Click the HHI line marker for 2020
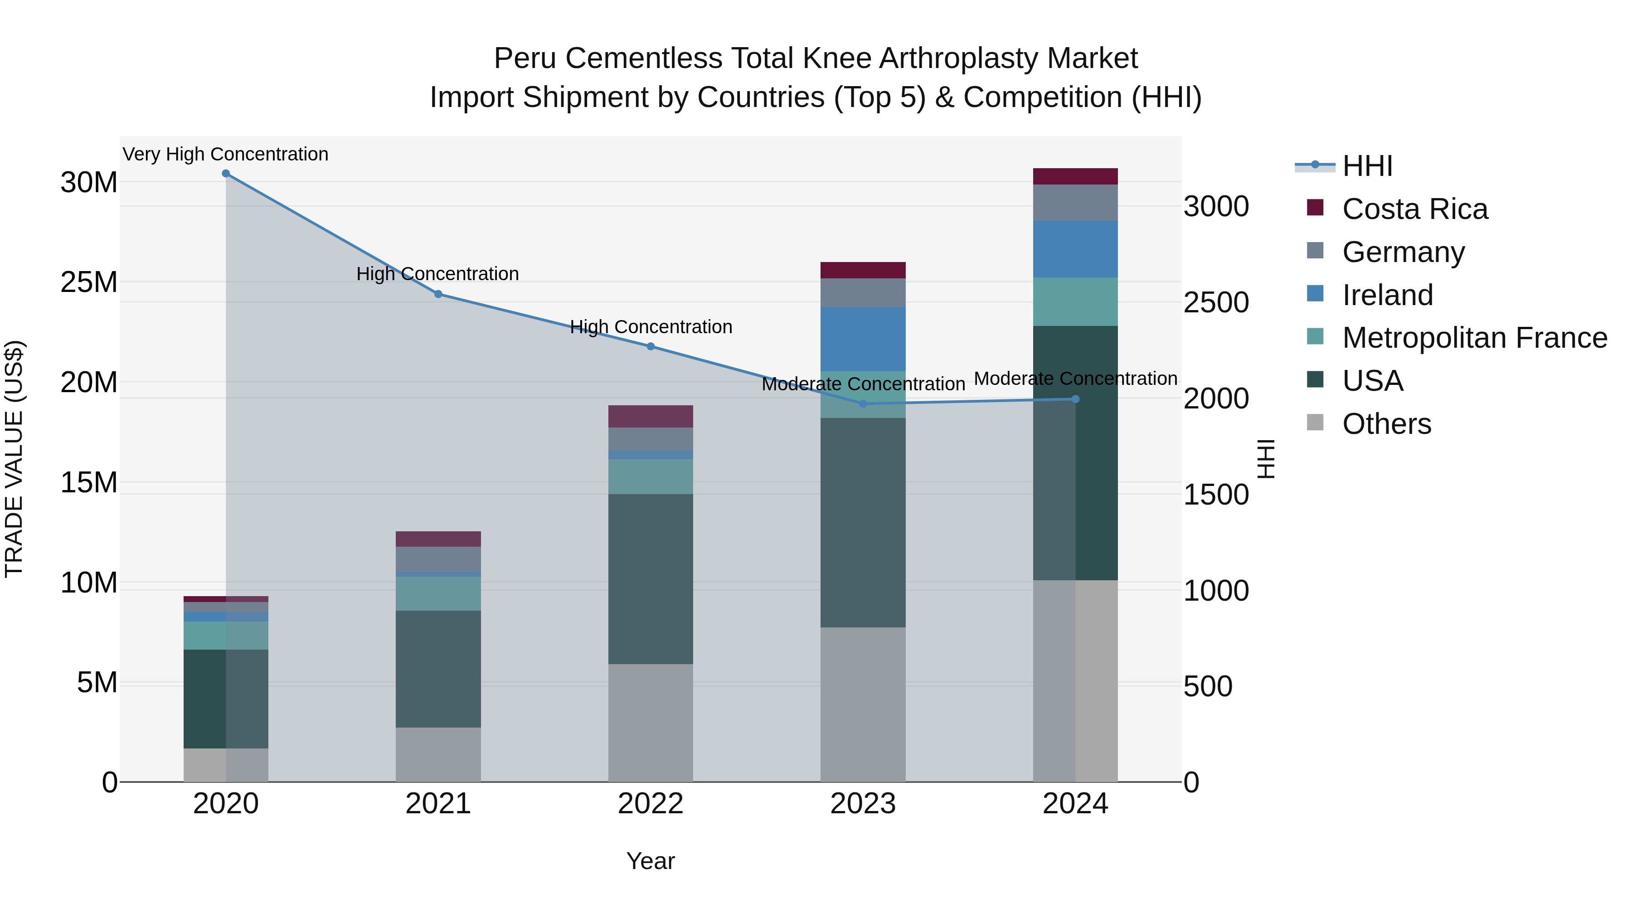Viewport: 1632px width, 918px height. pyautogui.click(x=226, y=174)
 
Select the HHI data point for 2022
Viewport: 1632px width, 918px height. pyautogui.click(x=650, y=346)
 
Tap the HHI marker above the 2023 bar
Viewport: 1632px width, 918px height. pyautogui.click(x=862, y=403)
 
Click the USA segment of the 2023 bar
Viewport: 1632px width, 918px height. pyautogui.click(x=862, y=523)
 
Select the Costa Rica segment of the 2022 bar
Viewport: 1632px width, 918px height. pyautogui.click(x=650, y=416)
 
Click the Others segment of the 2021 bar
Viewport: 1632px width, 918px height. pyautogui.click(x=438, y=754)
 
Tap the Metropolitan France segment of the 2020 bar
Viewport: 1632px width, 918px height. pyautogui.click(x=226, y=636)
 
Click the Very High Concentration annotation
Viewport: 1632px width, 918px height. pyautogui.click(x=226, y=155)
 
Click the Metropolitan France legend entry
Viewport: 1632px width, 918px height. pyautogui.click(x=1474, y=338)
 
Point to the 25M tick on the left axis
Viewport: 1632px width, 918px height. pyautogui.click(x=89, y=282)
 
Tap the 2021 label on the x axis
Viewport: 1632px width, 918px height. pyautogui.click(x=438, y=804)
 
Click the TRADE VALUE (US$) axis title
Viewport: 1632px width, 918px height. pyautogui.click(x=14, y=459)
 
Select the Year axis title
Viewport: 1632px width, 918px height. pyautogui.click(x=650, y=861)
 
